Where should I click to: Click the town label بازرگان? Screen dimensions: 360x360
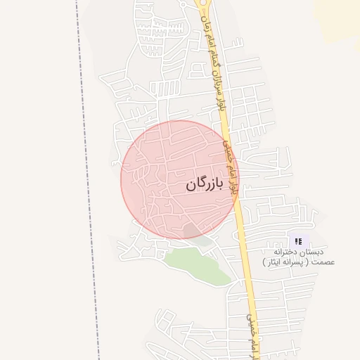coord(204,185)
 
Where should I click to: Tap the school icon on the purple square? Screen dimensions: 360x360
coord(298,241)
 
